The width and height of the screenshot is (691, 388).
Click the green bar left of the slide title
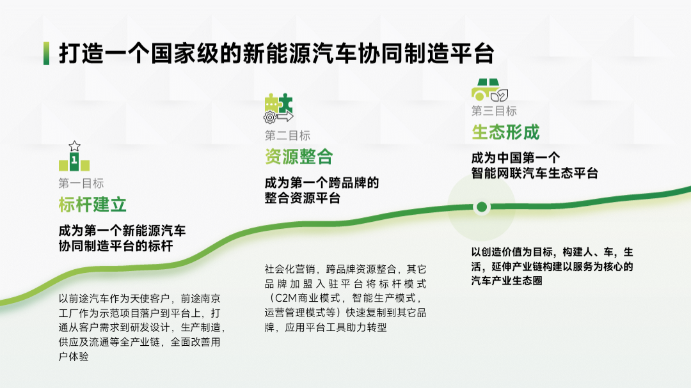tap(46, 54)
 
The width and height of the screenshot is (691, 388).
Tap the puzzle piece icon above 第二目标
tap(278, 107)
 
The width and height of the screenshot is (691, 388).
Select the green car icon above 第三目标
tap(489, 89)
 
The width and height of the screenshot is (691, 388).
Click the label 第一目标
tap(81, 183)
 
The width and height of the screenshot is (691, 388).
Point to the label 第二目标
tap(287, 136)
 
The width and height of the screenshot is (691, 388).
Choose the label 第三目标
tap(494, 111)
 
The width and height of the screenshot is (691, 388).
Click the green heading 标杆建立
tap(92, 205)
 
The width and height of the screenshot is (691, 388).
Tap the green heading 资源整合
tap(299, 157)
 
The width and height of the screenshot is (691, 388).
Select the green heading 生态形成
tap(505, 132)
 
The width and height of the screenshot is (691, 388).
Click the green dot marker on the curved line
tap(481, 206)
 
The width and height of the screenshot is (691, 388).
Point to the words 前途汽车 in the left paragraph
tap(86, 299)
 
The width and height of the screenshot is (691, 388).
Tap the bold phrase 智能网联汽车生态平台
tap(534, 173)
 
